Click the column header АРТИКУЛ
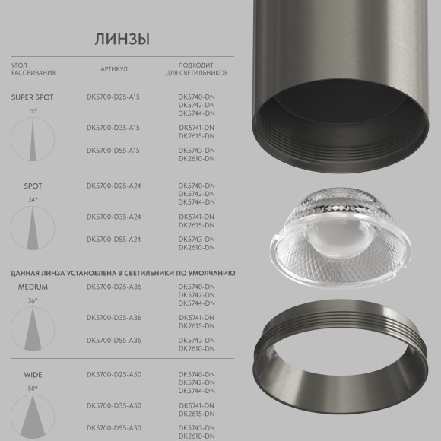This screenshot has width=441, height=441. (114, 69)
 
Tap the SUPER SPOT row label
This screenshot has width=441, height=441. (33, 97)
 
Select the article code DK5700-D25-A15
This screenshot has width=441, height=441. (113, 97)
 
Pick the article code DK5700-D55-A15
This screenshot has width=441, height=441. (113, 151)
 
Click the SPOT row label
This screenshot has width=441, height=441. (33, 186)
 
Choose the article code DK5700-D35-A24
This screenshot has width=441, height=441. (113, 217)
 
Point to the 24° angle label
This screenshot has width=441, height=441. (33, 200)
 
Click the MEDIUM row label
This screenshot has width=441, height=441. (33, 287)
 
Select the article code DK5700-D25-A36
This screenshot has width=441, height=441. (113, 287)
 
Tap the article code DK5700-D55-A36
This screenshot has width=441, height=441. (113, 340)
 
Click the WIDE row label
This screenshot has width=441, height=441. (33, 375)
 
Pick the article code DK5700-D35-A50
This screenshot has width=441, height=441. (113, 406)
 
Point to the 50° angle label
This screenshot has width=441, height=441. (33, 389)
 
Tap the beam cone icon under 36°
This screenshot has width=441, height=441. (33, 328)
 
